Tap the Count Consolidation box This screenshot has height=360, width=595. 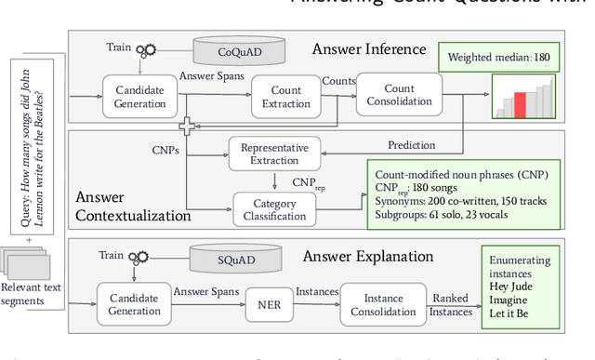click(400, 95)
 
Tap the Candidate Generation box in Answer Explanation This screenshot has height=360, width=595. click(136, 304)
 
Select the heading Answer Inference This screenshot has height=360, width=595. click(369, 48)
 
